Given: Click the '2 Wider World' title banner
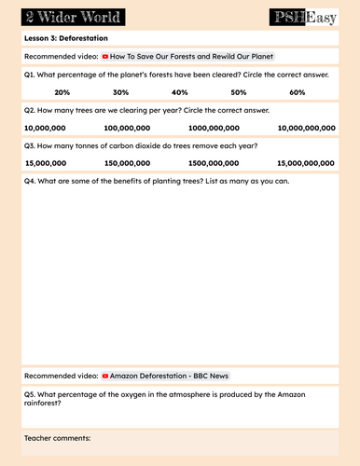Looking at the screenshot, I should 62,17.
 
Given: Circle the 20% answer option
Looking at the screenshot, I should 62,92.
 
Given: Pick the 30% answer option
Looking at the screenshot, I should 120,92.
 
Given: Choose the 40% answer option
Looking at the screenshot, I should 180,92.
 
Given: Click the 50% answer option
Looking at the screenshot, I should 239,92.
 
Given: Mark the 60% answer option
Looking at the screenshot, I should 298,92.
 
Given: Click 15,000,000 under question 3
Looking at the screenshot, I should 45,162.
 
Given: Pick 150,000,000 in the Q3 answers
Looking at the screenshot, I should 125,162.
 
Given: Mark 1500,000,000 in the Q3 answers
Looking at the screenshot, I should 214,162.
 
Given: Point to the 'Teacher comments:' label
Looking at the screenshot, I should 58,436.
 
